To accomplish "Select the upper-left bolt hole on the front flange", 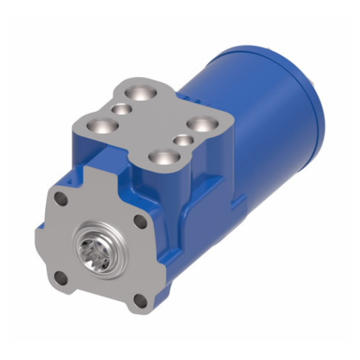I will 61,203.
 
